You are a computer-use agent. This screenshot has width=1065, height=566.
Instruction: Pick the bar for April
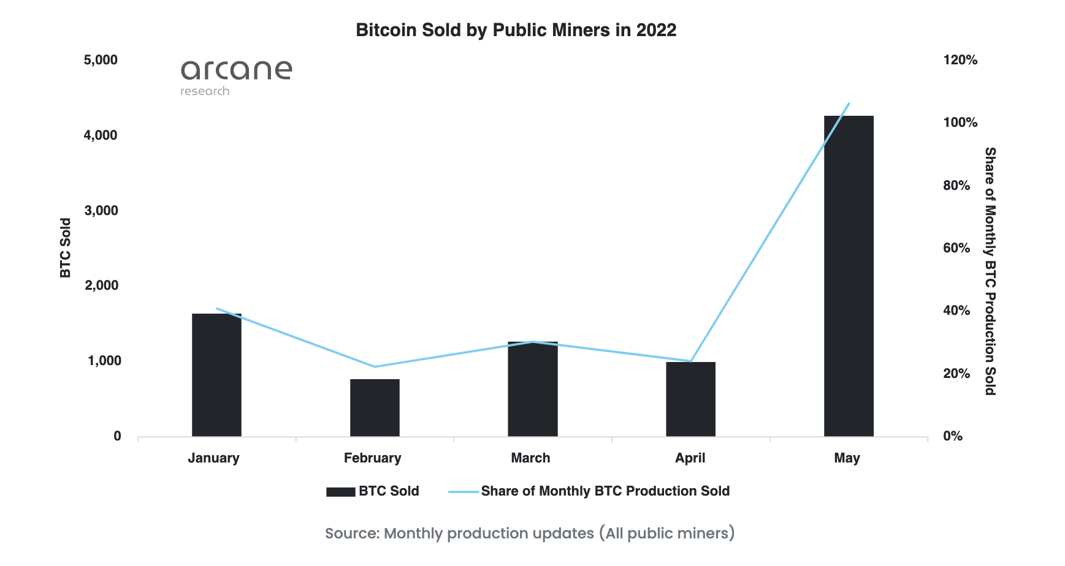tap(690, 399)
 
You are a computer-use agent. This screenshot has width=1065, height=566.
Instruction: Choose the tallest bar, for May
tap(849, 276)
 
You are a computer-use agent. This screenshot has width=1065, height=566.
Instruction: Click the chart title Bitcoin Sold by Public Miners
tap(516, 30)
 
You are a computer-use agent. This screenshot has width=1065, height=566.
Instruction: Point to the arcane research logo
tap(236, 77)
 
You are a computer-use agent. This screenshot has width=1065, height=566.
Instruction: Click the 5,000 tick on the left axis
tap(101, 60)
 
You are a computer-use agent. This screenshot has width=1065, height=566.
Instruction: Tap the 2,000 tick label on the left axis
tap(101, 285)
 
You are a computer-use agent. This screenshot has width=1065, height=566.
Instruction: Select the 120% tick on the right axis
tap(960, 60)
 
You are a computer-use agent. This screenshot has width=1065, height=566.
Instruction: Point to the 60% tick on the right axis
tap(956, 248)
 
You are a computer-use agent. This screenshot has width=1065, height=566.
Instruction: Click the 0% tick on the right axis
tap(953, 436)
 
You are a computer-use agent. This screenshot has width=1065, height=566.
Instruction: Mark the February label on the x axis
tap(372, 458)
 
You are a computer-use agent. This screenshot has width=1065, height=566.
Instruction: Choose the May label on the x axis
tap(847, 458)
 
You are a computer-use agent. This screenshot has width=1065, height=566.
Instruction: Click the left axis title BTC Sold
tap(66, 248)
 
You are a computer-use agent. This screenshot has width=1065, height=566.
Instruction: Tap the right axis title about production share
tap(990, 271)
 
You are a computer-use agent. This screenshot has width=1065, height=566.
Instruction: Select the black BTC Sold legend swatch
tap(340, 491)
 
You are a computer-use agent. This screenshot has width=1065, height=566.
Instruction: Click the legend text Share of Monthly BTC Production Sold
tap(605, 491)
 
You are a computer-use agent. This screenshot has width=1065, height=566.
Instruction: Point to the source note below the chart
tap(530, 534)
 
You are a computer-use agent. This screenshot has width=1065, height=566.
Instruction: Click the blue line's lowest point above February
tap(375, 366)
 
